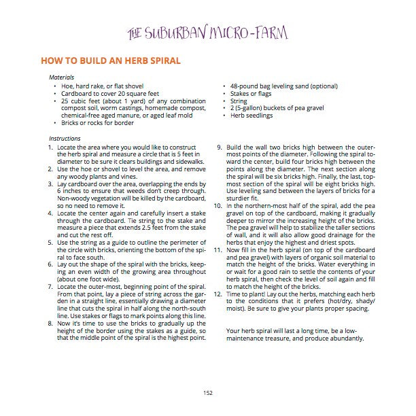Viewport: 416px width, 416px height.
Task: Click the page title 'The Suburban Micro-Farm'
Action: [208, 33]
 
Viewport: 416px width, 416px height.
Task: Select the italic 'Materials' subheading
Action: [62, 77]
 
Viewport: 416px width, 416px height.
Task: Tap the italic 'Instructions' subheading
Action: [65, 139]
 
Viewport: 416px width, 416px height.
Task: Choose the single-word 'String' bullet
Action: [239, 101]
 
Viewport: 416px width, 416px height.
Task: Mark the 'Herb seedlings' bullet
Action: [250, 116]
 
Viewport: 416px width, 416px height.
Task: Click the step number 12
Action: [218, 293]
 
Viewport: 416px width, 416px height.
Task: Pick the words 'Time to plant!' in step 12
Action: [247, 293]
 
